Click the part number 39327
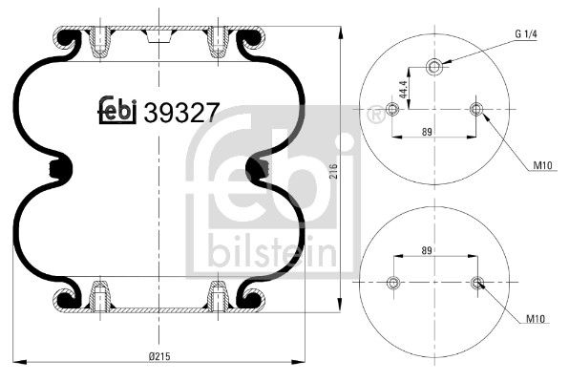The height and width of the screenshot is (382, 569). pyautogui.click(x=181, y=113)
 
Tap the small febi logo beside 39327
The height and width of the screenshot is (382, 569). pyautogui.click(x=118, y=113)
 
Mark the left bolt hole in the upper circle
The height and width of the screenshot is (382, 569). pyautogui.click(x=391, y=110)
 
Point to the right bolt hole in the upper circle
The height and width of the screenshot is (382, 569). pyautogui.click(x=476, y=110)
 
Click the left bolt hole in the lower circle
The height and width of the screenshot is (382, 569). pyautogui.click(x=391, y=282)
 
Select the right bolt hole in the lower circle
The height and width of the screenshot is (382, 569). pyautogui.click(x=476, y=282)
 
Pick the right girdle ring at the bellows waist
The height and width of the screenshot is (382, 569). pyautogui.click(x=255, y=170)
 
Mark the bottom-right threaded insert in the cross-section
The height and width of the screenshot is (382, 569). pyautogui.click(x=219, y=297)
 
